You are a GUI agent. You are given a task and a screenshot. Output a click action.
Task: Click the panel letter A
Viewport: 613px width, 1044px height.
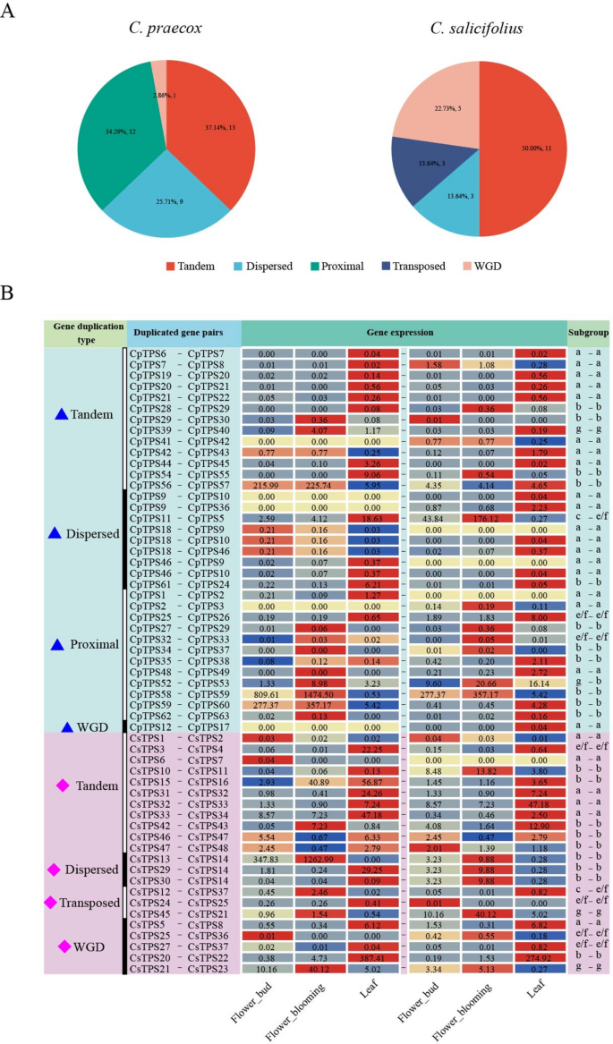tap(13, 13)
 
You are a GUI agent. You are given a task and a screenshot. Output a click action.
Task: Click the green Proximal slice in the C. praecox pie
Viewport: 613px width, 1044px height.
tap(115, 134)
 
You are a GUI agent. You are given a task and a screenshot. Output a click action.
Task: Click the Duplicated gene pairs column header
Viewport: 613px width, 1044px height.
tap(183, 333)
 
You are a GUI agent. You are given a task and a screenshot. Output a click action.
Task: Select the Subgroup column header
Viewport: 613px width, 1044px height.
tap(587, 333)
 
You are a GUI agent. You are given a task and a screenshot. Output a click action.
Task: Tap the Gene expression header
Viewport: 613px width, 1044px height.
tap(404, 333)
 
